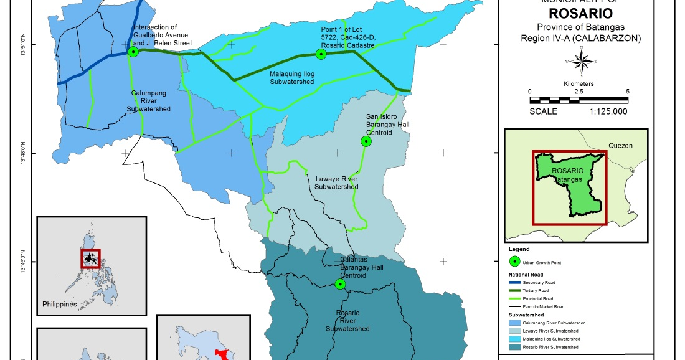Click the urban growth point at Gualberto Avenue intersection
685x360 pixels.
pyautogui.click(x=133, y=52)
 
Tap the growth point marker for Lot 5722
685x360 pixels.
pyautogui.click(x=321, y=54)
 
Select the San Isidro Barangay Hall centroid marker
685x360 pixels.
pyautogui.click(x=366, y=141)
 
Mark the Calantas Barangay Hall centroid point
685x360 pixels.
pyautogui.click(x=340, y=284)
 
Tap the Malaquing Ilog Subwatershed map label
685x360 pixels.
pyautogui.click(x=291, y=77)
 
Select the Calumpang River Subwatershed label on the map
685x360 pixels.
pyautogui.click(x=148, y=101)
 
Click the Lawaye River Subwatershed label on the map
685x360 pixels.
pyautogui.click(x=336, y=182)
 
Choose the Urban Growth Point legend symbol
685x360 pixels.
pyautogui.click(x=514, y=263)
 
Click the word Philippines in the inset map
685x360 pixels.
pyautogui.click(x=60, y=305)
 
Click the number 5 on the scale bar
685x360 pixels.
pyautogui.click(x=627, y=92)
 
